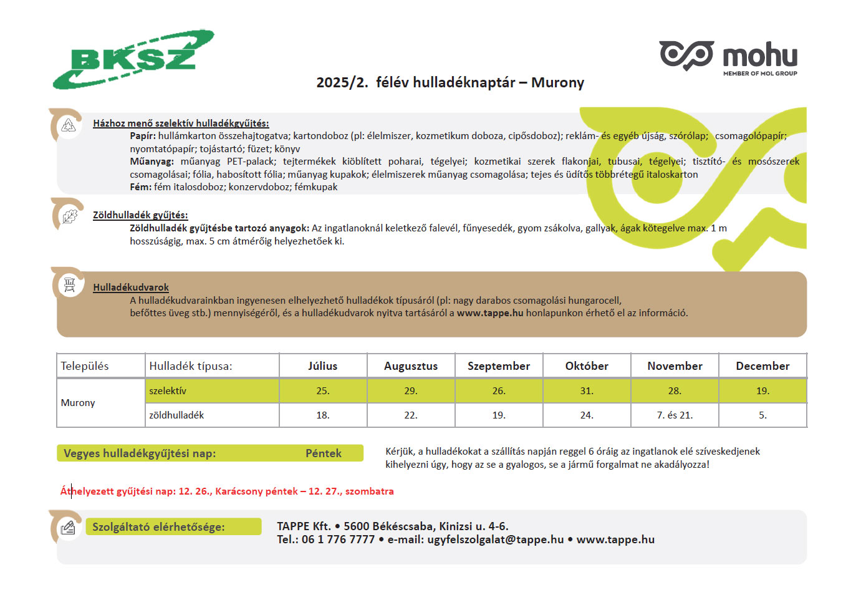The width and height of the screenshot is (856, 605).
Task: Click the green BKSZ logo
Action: (x=133, y=59)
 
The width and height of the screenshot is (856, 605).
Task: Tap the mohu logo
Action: (x=729, y=57)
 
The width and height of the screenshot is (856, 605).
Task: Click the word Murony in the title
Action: (x=557, y=83)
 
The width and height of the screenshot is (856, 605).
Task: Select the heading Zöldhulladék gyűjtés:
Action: (x=140, y=215)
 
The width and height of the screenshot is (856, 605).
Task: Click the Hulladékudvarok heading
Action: (x=131, y=288)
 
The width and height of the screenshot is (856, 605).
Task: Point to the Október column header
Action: (x=587, y=366)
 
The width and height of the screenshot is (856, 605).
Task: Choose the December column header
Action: (x=762, y=366)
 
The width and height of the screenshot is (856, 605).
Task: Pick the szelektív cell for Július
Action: (x=322, y=391)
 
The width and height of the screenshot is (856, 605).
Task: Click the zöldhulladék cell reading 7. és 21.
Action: (x=675, y=415)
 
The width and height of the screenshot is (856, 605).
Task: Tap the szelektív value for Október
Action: (x=587, y=391)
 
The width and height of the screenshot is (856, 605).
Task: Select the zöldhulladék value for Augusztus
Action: (x=410, y=415)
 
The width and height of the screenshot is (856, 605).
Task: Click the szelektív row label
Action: (x=168, y=391)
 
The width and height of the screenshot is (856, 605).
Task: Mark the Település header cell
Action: (x=85, y=366)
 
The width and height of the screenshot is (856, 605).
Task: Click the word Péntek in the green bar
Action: (x=323, y=453)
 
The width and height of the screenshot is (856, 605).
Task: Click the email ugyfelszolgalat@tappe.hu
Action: (x=495, y=540)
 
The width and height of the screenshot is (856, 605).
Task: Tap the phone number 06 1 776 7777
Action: (x=339, y=540)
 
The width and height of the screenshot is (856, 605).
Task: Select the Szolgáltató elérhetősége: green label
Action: (x=158, y=527)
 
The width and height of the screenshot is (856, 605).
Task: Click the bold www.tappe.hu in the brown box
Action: (x=490, y=313)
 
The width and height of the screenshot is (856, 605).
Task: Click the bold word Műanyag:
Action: (x=151, y=162)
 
